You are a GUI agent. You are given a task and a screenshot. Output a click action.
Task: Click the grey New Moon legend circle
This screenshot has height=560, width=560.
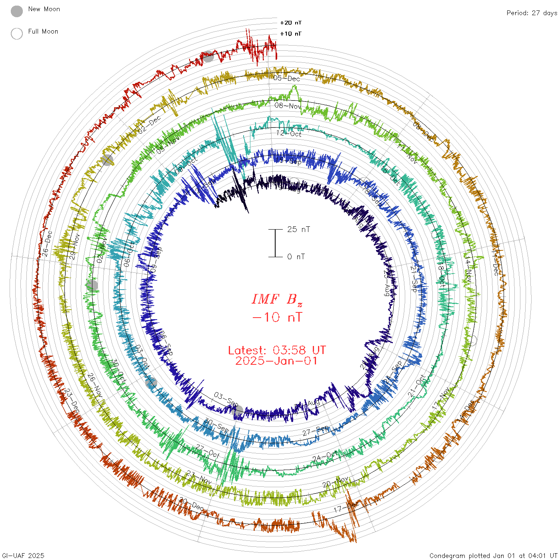[x=17, y=11]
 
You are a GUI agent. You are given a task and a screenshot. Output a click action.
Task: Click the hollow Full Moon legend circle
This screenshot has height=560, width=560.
[x=17, y=34]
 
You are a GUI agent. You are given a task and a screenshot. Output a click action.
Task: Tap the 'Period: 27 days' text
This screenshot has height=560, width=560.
[x=532, y=13]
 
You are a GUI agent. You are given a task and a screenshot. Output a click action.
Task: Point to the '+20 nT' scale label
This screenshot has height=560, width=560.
[x=291, y=23]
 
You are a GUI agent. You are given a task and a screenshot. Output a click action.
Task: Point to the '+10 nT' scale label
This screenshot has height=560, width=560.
[x=291, y=34]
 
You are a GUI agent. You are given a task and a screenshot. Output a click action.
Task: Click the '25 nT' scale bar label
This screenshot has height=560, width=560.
[x=298, y=230]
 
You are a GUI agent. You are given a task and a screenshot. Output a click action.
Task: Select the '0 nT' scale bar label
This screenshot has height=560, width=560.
[x=296, y=257]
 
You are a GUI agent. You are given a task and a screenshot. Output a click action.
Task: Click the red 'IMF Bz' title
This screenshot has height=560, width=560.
[x=277, y=299]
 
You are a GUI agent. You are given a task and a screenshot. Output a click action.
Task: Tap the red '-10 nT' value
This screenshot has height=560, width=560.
[x=277, y=318]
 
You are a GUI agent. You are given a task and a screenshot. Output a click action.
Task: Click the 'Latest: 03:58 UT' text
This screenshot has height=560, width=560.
[x=277, y=350]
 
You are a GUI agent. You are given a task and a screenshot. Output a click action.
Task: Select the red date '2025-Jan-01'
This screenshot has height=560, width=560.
[x=277, y=361]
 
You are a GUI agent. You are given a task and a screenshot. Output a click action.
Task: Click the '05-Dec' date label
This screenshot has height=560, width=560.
[x=287, y=78]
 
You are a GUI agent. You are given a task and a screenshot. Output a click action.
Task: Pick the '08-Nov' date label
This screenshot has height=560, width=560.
[x=288, y=106]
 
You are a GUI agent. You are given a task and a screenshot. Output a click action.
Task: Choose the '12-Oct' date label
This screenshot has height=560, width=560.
[x=289, y=134]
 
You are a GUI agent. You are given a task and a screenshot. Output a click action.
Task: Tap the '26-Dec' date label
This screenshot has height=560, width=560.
[x=47, y=243]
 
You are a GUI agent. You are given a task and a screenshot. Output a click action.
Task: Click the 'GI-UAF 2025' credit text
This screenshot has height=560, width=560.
[x=23, y=556]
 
